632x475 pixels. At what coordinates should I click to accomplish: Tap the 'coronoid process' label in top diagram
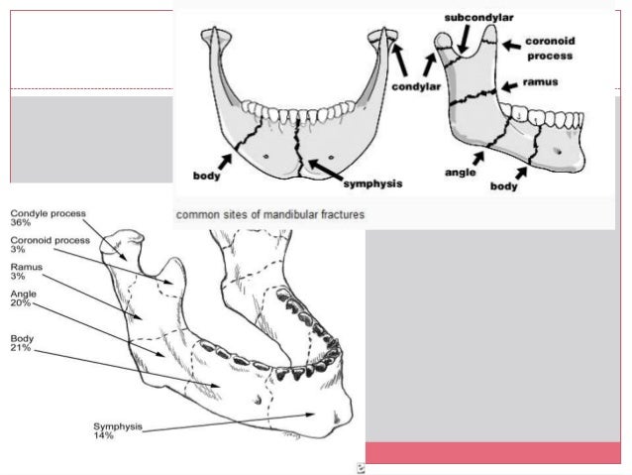[550, 49]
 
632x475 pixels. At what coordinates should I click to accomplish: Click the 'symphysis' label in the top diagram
[372, 183]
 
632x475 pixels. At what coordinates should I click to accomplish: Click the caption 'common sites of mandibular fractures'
[269, 214]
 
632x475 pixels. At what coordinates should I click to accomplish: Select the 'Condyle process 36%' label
[48, 217]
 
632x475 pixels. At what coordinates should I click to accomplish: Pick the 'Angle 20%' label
[24, 299]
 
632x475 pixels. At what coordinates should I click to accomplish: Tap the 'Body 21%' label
[23, 342]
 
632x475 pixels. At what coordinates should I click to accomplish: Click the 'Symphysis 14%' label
[118, 431]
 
